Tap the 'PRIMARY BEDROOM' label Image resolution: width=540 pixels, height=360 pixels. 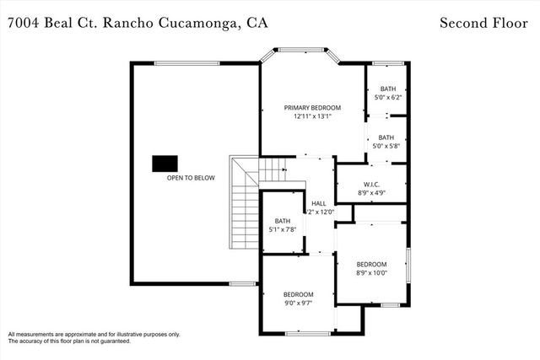tap(312, 108)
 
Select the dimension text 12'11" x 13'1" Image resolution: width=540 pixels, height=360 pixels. tap(312, 117)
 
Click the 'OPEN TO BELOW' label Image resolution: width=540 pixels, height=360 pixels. tap(191, 178)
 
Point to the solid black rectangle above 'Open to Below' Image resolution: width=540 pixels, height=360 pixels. tap(165, 164)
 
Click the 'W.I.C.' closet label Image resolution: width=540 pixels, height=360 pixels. tap(372, 184)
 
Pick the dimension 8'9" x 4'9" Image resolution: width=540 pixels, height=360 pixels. tap(372, 193)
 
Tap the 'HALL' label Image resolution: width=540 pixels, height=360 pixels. tap(318, 203)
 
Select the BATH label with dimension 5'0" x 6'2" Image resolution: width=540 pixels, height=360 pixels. tap(387, 89)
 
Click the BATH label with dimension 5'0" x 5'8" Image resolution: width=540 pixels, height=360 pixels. tap(386, 137)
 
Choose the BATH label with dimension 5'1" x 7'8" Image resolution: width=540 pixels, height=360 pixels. tap(282, 221)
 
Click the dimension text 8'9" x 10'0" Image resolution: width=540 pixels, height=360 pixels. tap(372, 272)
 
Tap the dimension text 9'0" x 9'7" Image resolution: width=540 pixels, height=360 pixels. tap(298, 303)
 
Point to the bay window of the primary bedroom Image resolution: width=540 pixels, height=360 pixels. tap(299, 51)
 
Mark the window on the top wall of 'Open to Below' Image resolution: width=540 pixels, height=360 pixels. tap(186, 62)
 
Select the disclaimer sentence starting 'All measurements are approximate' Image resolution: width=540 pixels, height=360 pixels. tap(94, 334)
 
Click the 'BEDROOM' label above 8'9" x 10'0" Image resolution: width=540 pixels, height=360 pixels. tap(372, 263)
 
